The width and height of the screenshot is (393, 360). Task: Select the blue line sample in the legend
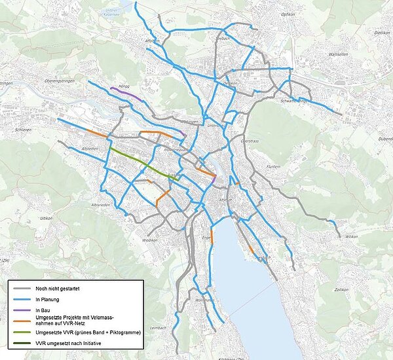[22, 299]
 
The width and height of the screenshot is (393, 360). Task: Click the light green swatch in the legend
[22, 333]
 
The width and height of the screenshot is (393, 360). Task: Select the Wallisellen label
[339, 54]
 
